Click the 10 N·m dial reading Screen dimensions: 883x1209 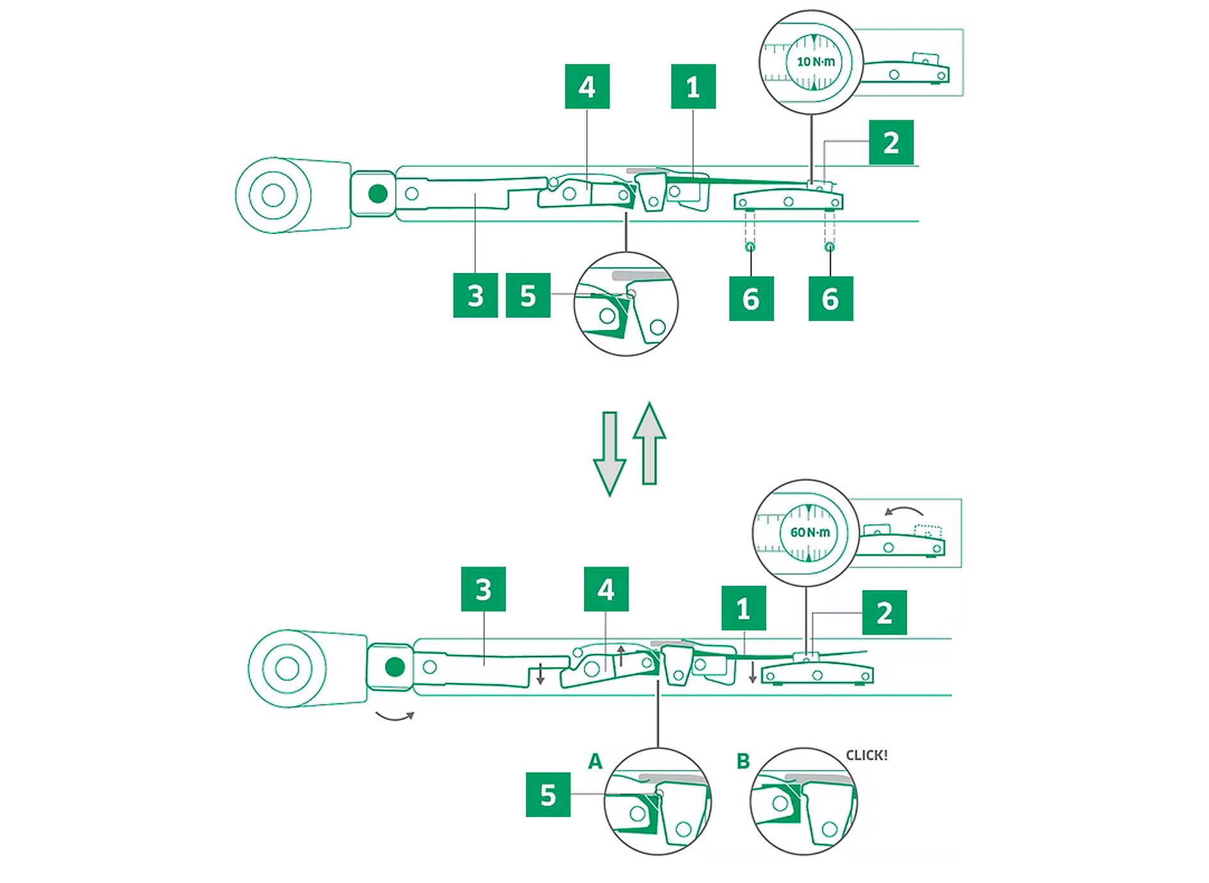[x=815, y=62]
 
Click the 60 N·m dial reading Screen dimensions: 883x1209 [x=809, y=532]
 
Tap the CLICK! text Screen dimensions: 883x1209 [x=866, y=755]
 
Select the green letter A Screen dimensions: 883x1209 [x=596, y=762]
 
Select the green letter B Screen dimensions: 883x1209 [x=743, y=762]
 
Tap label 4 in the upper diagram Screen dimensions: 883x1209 [x=587, y=86]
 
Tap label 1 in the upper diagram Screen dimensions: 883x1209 [x=693, y=86]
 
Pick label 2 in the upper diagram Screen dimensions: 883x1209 [x=890, y=143]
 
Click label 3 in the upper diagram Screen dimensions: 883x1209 [x=475, y=295]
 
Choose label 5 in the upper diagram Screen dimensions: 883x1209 [x=528, y=295]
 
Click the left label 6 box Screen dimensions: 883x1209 [x=751, y=299]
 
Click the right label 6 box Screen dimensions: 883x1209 [x=830, y=299]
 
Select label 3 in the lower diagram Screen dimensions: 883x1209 [x=483, y=589]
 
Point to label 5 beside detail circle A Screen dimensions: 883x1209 [x=548, y=795]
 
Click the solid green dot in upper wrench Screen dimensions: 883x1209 [x=378, y=194]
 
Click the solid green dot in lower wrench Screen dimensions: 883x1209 [x=395, y=667]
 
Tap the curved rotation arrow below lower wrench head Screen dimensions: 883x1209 [x=395, y=715]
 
